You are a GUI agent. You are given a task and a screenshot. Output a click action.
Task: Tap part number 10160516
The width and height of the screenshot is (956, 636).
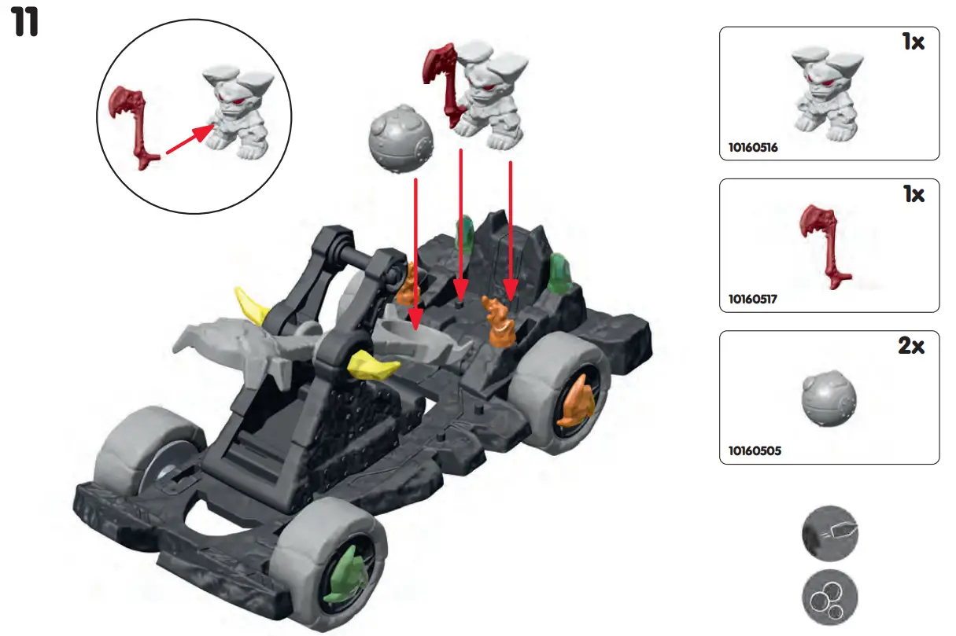tap(753, 147)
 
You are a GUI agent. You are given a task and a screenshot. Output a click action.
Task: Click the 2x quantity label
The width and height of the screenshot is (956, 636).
tap(911, 346)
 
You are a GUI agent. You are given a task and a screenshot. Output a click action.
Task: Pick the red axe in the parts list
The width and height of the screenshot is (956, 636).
tap(824, 243)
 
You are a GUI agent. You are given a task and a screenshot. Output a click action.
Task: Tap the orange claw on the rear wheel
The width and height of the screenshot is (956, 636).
tap(577, 402)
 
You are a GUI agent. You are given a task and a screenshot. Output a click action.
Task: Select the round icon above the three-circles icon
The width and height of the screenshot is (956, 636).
tap(829, 534)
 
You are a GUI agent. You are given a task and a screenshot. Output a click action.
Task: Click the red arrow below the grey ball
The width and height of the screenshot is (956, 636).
tap(414, 252)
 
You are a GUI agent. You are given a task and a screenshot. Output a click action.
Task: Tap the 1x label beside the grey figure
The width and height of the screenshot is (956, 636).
tap(913, 42)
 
